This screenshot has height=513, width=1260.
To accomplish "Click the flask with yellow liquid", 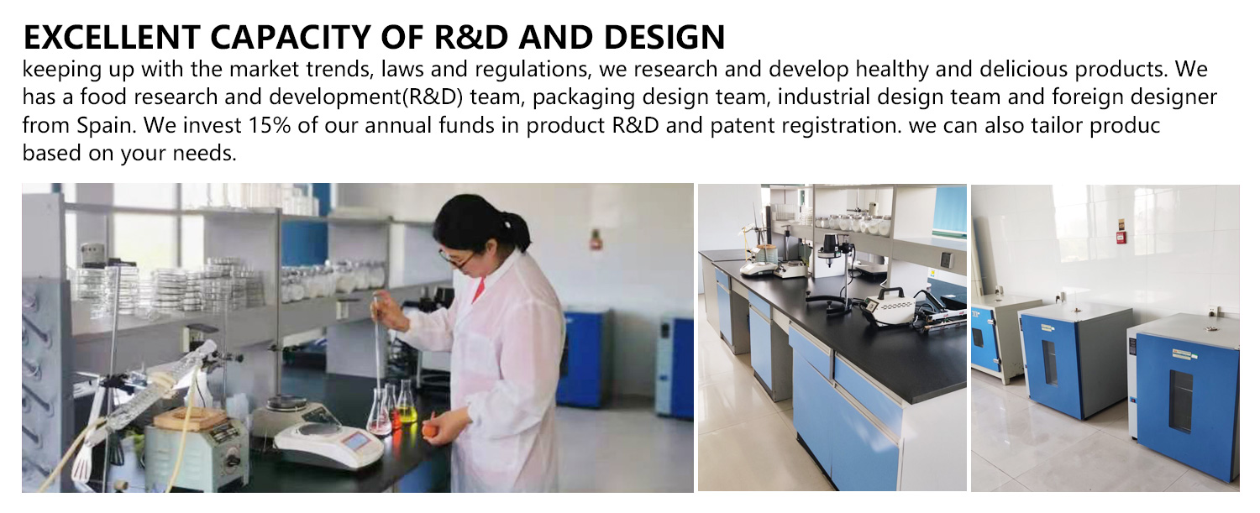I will click(x=406, y=405).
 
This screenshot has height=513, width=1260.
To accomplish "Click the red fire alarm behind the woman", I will click(x=596, y=239).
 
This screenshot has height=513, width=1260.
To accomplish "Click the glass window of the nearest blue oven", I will click(x=1180, y=400).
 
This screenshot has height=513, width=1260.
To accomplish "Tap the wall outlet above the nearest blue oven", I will click(x=1214, y=311).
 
